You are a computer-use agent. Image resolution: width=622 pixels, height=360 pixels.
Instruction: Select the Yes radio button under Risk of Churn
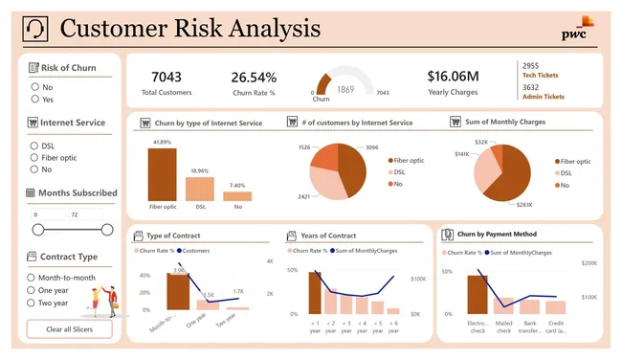tap(35, 98)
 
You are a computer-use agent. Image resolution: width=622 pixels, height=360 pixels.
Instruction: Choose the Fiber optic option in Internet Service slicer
tap(35, 157)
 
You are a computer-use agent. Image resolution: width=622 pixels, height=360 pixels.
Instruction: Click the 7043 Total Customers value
tap(167, 76)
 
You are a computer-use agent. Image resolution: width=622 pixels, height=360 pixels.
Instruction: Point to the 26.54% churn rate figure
tap(254, 76)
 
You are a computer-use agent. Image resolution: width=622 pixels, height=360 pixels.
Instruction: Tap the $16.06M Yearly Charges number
tap(453, 76)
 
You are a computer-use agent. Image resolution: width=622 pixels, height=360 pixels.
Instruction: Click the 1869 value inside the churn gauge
tap(345, 88)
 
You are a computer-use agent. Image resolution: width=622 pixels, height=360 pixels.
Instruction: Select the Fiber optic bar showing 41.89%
tap(162, 173)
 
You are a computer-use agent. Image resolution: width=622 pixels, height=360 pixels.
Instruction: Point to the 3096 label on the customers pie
tap(371, 146)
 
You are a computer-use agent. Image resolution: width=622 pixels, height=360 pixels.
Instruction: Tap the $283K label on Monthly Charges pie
tap(524, 204)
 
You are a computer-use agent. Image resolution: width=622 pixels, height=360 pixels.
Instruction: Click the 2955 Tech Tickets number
tap(530, 65)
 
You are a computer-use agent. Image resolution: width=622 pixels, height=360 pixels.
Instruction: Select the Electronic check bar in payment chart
tap(477, 294)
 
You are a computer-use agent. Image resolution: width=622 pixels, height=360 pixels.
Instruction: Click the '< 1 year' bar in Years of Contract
tap(314, 292)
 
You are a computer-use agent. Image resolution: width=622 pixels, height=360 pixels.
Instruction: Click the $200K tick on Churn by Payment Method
tap(589, 262)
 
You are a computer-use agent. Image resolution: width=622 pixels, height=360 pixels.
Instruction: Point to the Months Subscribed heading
tap(78, 192)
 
